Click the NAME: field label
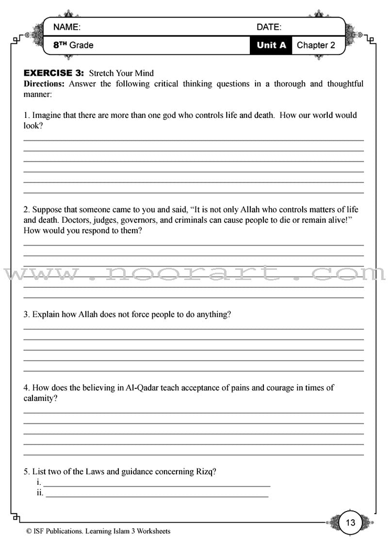(67, 27)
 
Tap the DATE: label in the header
(269, 27)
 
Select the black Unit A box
(271, 46)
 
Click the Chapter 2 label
(316, 46)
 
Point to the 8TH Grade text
(73, 46)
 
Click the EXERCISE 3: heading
(54, 73)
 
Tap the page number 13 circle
(351, 523)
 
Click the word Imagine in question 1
(48, 115)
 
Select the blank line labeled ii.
(157, 494)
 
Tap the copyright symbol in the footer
(30, 531)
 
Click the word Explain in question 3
(46, 314)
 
